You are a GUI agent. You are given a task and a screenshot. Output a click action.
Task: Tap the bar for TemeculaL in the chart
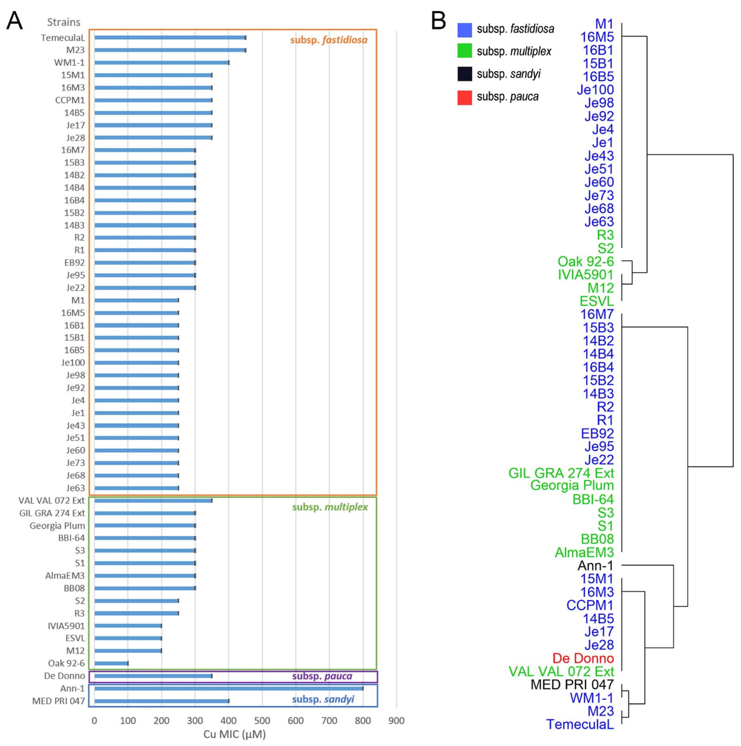[x=170, y=37]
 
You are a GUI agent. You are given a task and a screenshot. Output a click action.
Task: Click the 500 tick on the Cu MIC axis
[x=262, y=720]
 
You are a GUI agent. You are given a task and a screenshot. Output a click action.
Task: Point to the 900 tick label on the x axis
[x=396, y=720]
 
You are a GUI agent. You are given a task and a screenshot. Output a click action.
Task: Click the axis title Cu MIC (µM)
[x=234, y=734]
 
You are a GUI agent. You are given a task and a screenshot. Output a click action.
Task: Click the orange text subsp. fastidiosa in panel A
[x=329, y=40]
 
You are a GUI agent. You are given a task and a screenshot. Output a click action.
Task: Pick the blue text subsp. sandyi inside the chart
[x=323, y=699]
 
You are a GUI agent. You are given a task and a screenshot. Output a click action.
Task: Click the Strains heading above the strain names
[x=64, y=22]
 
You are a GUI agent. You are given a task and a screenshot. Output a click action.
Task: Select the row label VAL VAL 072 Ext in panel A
[x=51, y=500]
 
